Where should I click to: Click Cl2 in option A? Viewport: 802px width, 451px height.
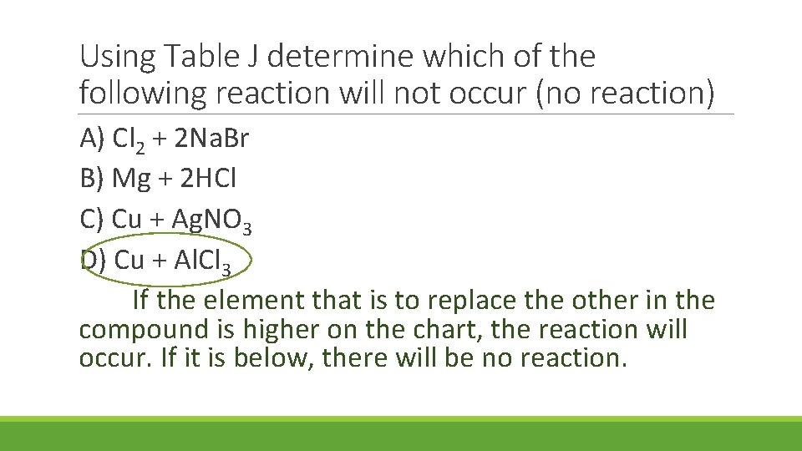(x=128, y=139)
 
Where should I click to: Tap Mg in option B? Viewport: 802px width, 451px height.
(x=131, y=179)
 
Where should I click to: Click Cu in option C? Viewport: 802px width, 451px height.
(x=127, y=219)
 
